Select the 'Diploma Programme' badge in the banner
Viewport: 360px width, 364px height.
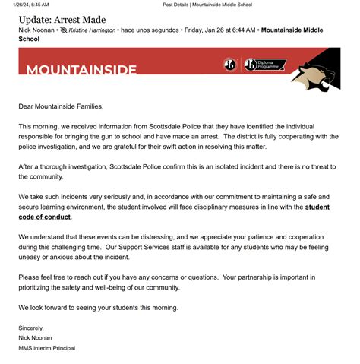click(x=270, y=65)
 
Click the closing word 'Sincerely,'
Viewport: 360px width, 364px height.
click(x=33, y=328)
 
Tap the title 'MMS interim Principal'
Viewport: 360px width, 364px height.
click(x=47, y=347)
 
